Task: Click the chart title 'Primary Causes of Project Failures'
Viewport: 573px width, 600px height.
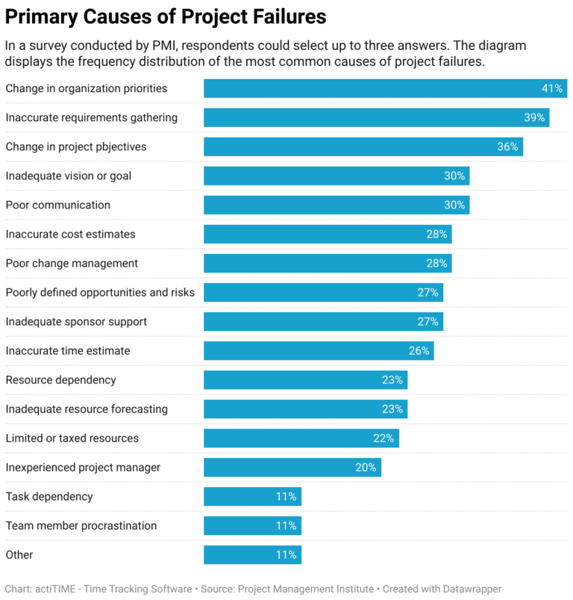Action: tap(166, 16)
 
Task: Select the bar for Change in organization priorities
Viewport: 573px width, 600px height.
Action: tap(385, 89)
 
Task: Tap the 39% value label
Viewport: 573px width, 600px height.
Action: tap(534, 118)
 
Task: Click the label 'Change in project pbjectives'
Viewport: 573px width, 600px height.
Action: tap(76, 147)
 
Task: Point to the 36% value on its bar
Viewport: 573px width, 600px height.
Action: tap(507, 147)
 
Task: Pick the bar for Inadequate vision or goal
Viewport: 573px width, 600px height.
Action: tap(336, 176)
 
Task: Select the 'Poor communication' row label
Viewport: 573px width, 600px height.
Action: tap(57, 205)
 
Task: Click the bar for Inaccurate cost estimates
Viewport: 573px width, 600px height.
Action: tap(327, 235)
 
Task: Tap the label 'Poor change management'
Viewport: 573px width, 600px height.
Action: tap(72, 264)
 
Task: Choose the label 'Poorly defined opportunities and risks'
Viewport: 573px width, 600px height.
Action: tap(100, 293)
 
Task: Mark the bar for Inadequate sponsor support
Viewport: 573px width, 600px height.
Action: tap(323, 322)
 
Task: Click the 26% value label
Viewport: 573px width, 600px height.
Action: tap(419, 351)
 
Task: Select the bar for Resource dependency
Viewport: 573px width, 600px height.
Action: tap(305, 380)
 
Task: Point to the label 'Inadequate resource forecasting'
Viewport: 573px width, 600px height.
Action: tap(87, 409)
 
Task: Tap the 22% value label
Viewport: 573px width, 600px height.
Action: tap(384, 439)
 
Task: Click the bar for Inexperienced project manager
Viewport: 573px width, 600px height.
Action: tap(292, 468)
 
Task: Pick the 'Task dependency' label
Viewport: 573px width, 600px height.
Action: tap(49, 497)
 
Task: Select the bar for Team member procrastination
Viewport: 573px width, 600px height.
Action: tap(252, 526)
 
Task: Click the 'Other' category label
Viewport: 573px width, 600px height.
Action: tap(19, 555)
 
